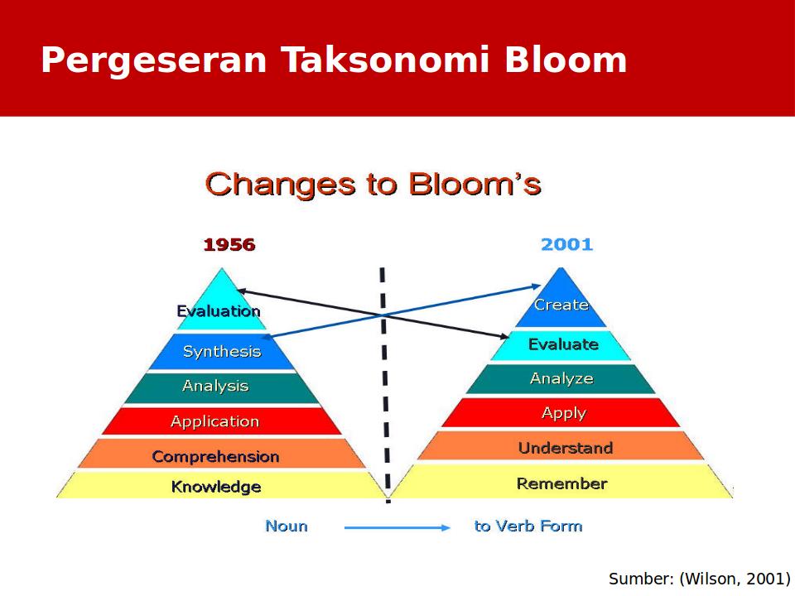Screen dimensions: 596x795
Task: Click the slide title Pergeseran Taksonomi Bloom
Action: pos(334,60)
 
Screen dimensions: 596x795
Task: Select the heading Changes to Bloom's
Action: pos(373,184)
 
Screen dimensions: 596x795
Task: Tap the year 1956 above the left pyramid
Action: pos(229,245)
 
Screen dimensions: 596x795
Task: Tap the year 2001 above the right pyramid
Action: pos(566,245)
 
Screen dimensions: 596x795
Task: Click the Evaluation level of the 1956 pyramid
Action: pos(219,311)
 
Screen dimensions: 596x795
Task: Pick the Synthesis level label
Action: pos(222,352)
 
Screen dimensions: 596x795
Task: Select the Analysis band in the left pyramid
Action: pos(215,387)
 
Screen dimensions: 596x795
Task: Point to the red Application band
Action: pos(215,421)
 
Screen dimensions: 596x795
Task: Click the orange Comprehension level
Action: pos(215,456)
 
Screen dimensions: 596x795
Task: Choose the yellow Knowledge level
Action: pos(216,487)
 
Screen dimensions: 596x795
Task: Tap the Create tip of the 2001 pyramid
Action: pos(561,305)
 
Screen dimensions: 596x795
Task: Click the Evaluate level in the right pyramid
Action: pos(563,344)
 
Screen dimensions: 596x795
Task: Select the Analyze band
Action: pos(561,378)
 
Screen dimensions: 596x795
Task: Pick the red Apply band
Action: pos(563,413)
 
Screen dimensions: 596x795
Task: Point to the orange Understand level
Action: pos(565,448)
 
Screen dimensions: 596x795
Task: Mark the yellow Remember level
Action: pos(561,483)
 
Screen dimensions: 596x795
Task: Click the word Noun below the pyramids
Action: pos(287,526)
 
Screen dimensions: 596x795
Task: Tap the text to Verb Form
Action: pos(528,526)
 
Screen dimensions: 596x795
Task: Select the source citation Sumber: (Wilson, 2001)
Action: pos(699,579)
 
